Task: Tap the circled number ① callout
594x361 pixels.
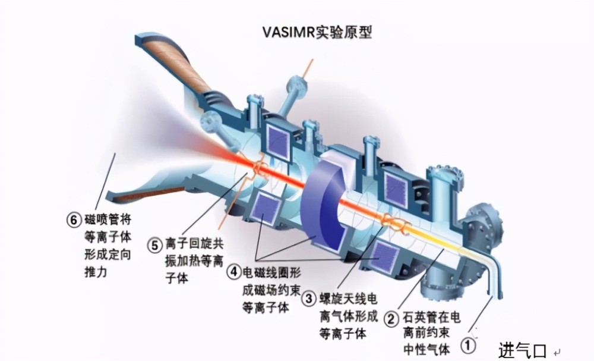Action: click(x=469, y=344)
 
